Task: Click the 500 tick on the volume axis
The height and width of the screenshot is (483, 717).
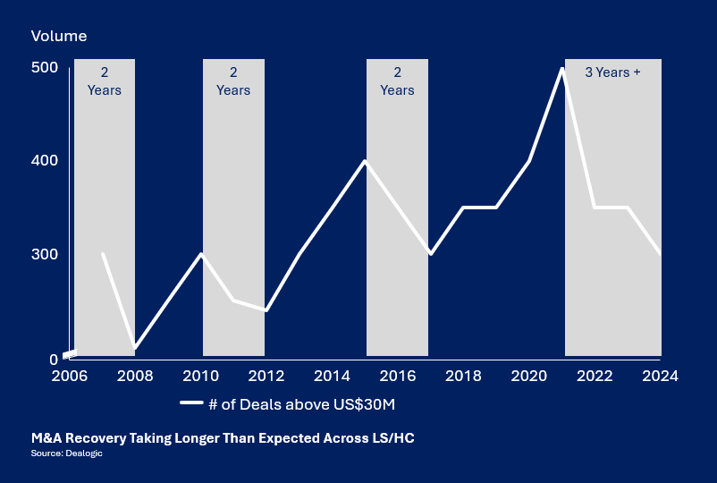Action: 45,68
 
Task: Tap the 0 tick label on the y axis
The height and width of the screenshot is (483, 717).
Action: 53,360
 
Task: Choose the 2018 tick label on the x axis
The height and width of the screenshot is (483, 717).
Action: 463,376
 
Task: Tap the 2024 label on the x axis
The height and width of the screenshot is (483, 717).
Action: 661,376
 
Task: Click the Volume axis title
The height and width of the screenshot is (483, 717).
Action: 59,37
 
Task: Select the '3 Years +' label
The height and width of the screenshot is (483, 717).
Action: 612,72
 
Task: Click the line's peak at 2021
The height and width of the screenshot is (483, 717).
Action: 562,69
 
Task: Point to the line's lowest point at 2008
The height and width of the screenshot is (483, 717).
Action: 135,347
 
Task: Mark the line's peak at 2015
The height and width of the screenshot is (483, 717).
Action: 365,161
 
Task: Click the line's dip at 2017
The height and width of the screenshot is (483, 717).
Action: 431,254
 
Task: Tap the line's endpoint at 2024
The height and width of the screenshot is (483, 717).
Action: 661,254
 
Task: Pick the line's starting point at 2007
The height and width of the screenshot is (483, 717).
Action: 103,254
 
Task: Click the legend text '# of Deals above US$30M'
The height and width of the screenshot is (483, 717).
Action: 301,404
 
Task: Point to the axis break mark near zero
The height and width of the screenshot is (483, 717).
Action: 70,353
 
